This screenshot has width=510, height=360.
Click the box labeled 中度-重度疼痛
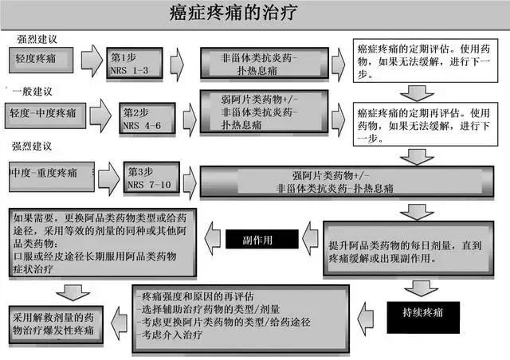(x=48, y=172)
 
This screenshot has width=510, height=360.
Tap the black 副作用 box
(x=261, y=239)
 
